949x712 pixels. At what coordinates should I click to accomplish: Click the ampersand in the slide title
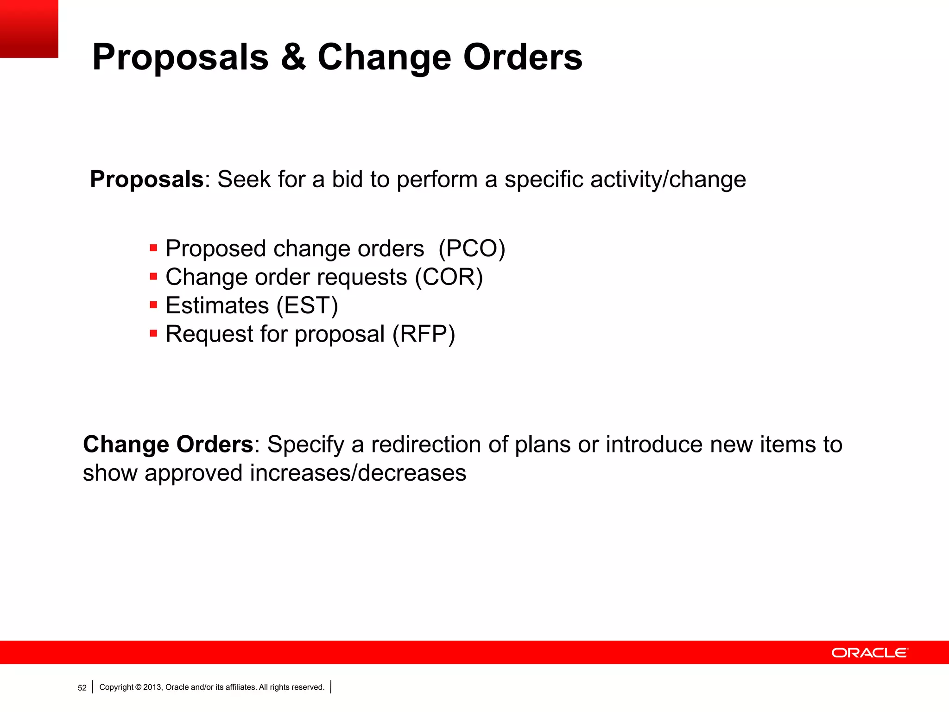pyautogui.click(x=293, y=57)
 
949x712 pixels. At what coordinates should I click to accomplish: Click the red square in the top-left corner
pyautogui.click(x=29, y=29)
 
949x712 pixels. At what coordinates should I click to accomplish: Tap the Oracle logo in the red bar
pyautogui.click(x=870, y=653)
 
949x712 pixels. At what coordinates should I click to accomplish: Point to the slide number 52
pyautogui.click(x=82, y=687)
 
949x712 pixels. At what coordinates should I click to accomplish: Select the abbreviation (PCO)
pyautogui.click(x=472, y=248)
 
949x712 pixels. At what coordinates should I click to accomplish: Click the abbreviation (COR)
pyautogui.click(x=449, y=277)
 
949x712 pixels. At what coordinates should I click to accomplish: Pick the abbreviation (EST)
pyautogui.click(x=307, y=305)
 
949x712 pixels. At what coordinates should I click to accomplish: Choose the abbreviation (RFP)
pyautogui.click(x=424, y=334)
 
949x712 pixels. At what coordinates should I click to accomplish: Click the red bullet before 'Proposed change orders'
pyautogui.click(x=154, y=248)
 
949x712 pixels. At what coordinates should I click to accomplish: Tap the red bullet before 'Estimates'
pyautogui.click(x=154, y=305)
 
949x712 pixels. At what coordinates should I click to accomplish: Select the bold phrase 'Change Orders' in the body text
pyautogui.click(x=168, y=445)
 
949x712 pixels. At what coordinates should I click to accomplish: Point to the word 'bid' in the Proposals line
pyautogui.click(x=347, y=179)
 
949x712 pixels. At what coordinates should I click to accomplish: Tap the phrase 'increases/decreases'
pyautogui.click(x=358, y=473)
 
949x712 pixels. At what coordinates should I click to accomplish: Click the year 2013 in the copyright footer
pyautogui.click(x=152, y=687)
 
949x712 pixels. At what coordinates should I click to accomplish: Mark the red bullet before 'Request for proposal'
pyautogui.click(x=154, y=333)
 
